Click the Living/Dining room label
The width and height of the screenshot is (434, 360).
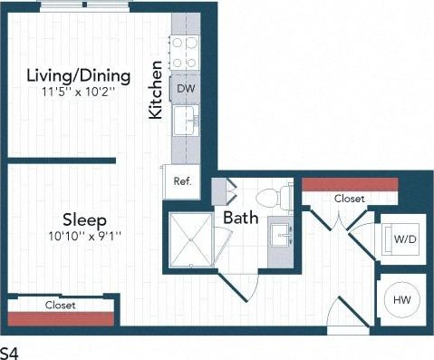(x=78, y=75)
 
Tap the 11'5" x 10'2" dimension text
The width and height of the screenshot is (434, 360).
(x=78, y=92)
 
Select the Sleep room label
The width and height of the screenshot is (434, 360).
(x=85, y=219)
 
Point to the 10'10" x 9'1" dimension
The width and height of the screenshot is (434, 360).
(x=85, y=236)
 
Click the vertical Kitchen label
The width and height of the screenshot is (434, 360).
(x=156, y=91)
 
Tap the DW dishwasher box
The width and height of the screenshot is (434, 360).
(x=186, y=88)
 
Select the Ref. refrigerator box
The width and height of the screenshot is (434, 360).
(x=181, y=180)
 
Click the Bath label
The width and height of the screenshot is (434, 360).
(x=241, y=218)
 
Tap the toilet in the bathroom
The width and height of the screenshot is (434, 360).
(x=273, y=196)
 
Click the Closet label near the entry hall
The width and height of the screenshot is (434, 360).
(x=349, y=199)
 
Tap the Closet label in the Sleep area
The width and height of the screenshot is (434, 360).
(x=61, y=306)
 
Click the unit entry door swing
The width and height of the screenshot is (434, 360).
(x=341, y=316)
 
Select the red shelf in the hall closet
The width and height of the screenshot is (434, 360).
(x=349, y=184)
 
